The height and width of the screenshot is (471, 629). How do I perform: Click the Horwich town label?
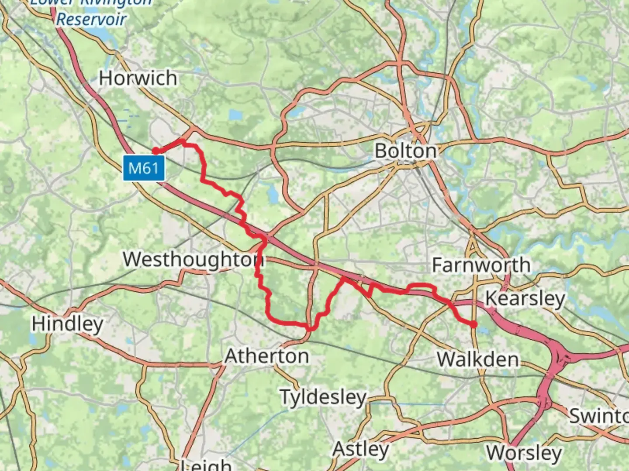pyautogui.click(x=138, y=78)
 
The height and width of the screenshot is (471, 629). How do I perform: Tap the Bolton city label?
pyautogui.click(x=406, y=151)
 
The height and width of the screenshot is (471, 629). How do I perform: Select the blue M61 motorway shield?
pyautogui.click(x=144, y=168)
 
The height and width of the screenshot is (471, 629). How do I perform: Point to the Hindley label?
pyautogui.click(x=67, y=324)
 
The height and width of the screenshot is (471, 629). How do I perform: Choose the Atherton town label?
pyautogui.click(x=267, y=357)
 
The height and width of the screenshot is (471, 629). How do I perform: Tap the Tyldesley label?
pyautogui.click(x=323, y=397)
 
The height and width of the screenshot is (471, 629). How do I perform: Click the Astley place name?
pyautogui.click(x=361, y=449)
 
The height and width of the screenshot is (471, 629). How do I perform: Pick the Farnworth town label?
pyautogui.click(x=481, y=265)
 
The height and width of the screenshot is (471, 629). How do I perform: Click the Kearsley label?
pyautogui.click(x=525, y=299)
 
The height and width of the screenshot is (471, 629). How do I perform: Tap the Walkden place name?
pyautogui.click(x=478, y=360)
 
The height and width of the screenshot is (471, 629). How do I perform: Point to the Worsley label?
pyautogui.click(x=524, y=453)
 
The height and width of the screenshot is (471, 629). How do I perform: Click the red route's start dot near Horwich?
pyautogui.click(x=156, y=151)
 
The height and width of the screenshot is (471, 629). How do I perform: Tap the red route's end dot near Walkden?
pyautogui.click(x=473, y=324)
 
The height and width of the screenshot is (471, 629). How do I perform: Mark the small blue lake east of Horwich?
pyautogui.click(x=235, y=115)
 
